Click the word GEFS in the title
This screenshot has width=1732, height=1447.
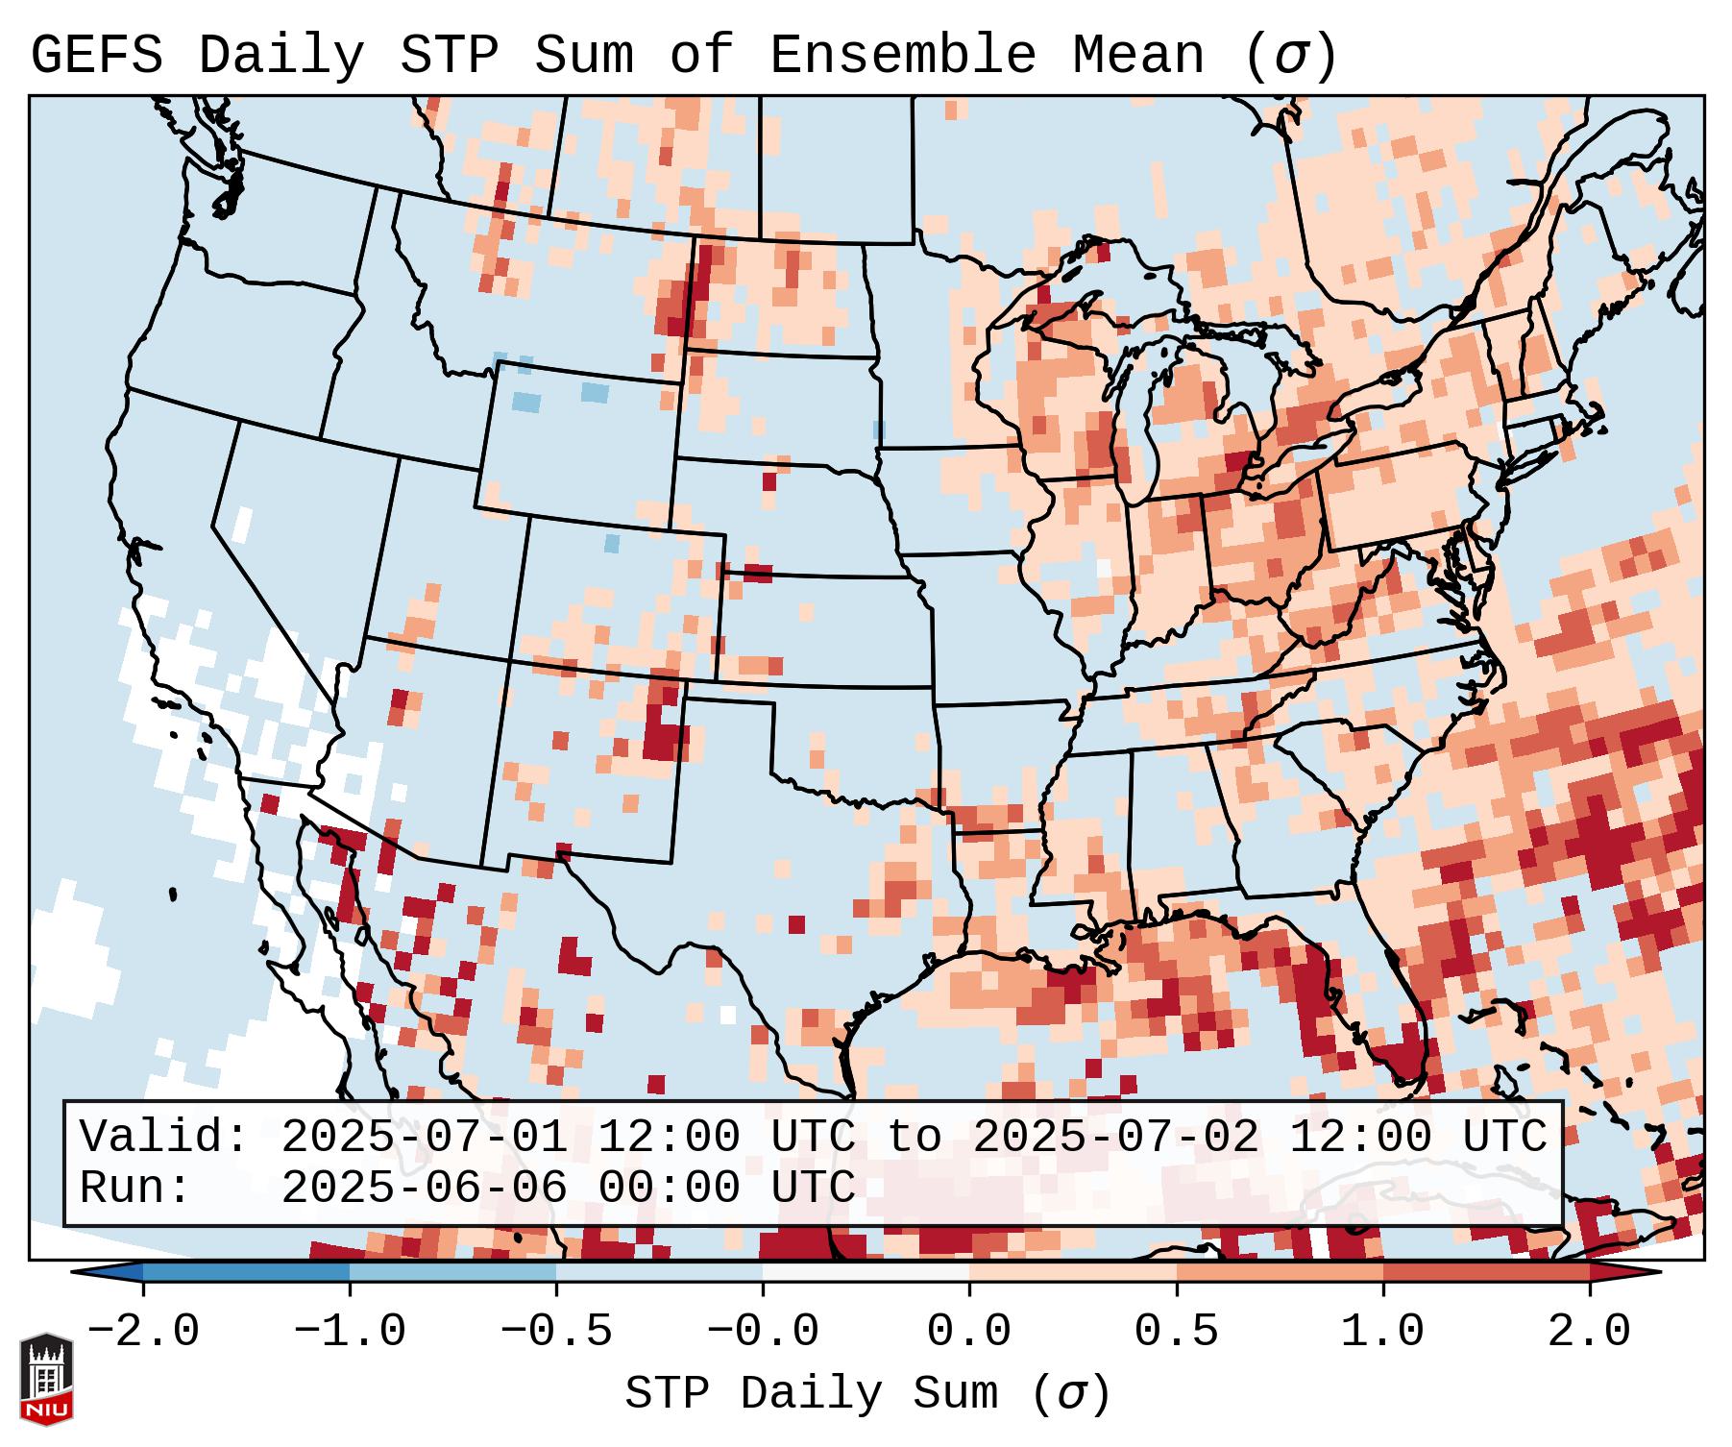[x=97, y=56]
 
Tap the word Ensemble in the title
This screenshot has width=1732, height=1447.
[x=902, y=56]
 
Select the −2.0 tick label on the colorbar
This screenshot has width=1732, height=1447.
[x=143, y=1332]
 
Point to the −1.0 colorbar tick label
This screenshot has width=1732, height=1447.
[x=350, y=1332]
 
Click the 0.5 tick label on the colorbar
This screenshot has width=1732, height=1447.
[x=1177, y=1332]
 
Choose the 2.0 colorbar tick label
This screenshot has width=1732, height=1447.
[x=1590, y=1332]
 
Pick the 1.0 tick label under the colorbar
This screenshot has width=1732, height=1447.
[x=1383, y=1332]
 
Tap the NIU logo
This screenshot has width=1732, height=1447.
[x=46, y=1379]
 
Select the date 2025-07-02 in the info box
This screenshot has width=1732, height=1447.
[x=1115, y=1137]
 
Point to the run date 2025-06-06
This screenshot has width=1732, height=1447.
[x=424, y=1188]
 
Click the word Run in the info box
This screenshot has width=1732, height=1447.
[x=134, y=1188]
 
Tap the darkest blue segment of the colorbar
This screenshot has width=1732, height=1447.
[x=246, y=1272]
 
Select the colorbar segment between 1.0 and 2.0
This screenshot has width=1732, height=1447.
[x=1486, y=1272]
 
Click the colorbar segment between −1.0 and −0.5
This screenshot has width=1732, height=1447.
[x=452, y=1272]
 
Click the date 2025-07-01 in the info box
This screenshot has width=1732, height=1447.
[x=424, y=1137]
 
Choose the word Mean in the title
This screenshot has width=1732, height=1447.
[x=1137, y=56]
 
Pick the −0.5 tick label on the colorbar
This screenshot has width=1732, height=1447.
[x=556, y=1332]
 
